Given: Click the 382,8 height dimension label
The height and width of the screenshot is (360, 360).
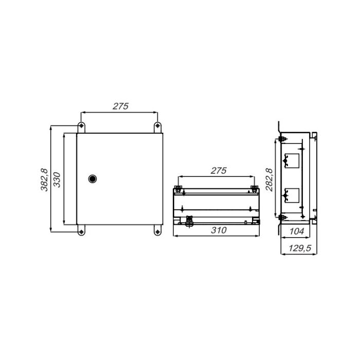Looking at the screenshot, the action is (44, 180).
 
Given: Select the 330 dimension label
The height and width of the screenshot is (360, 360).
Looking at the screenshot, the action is (57, 180).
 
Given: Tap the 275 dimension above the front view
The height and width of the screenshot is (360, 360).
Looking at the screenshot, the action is (120, 106).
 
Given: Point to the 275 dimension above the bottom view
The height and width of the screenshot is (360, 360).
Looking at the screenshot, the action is (219, 171).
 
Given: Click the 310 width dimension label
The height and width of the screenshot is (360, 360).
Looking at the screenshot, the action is (219, 230).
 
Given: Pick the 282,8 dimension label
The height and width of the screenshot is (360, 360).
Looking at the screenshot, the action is (269, 180).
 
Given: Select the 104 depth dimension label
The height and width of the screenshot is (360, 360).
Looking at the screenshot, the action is (297, 231).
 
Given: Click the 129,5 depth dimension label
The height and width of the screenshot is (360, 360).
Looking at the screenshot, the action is (300, 248).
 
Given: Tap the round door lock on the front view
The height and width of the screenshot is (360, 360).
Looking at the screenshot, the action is (92, 178).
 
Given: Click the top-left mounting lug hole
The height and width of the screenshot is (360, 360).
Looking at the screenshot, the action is (81, 125).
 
